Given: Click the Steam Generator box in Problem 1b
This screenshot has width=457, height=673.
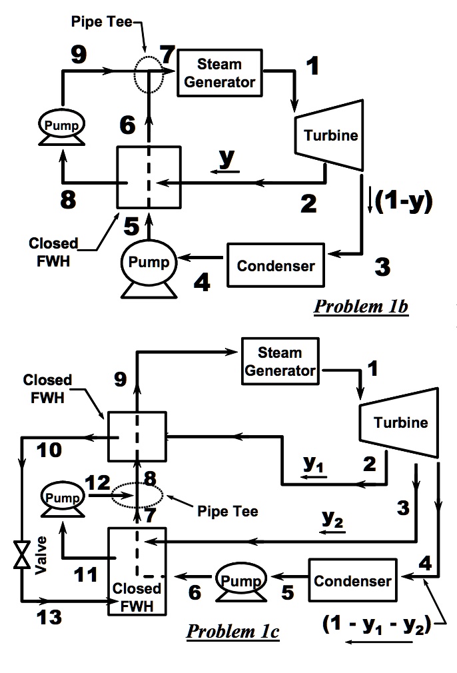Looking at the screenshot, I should tap(219, 73).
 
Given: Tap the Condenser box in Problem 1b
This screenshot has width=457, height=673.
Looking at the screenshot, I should tap(276, 266).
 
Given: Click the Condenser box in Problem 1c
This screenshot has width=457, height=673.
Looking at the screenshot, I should tap(352, 580).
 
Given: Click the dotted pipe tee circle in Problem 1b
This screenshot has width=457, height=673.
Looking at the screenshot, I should tap(147, 73).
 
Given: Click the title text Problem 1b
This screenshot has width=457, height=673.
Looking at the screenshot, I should tap(360, 307).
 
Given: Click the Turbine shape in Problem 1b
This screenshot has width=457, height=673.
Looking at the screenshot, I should tap(330, 136).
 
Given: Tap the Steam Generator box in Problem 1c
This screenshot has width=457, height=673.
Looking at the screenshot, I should tap(280, 361).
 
